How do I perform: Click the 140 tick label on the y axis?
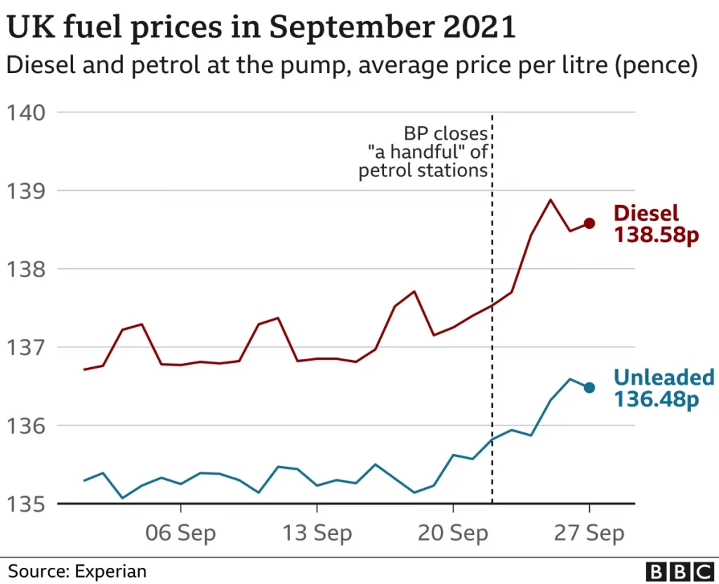pos(26,112)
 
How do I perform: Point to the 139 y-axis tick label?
pos(26,191)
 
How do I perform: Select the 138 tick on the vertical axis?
pos(26,269)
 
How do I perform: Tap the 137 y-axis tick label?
pos(26,347)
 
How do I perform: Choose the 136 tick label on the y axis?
pos(26,425)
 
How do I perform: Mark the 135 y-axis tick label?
pos(26,504)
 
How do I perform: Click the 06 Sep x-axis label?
pos(180,533)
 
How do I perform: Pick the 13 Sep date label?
pos(317,533)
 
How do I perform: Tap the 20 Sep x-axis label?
pos(453,533)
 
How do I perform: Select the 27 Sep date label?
pos(589,533)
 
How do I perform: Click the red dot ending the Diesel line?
pos(590,223)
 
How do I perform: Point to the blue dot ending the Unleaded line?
pos(590,387)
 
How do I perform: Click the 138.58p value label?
pos(657,235)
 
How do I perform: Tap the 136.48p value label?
pos(657,399)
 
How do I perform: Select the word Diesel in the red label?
pos(646,213)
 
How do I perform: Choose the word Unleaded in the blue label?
pos(664,378)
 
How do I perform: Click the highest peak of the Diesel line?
pos(550,200)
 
